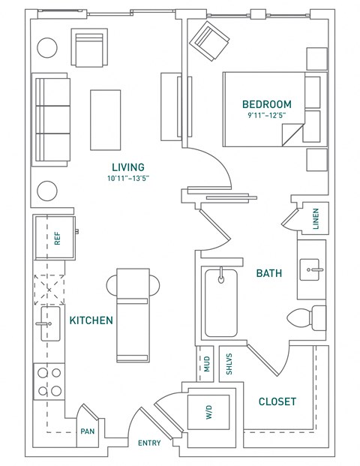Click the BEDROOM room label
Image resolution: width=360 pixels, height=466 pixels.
pos(266,104)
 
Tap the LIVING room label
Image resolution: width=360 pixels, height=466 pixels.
pos(127,167)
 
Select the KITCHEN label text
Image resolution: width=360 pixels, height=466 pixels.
pos(91,320)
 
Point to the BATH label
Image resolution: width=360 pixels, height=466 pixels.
pos(268,274)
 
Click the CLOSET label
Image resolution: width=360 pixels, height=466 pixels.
pos(277,401)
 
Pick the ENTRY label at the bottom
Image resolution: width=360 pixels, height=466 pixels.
pos(149,443)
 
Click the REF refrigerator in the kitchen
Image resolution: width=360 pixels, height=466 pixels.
pos(57,239)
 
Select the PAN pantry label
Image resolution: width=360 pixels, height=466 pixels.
pos(88,432)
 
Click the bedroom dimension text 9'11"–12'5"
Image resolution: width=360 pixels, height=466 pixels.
pos(266,116)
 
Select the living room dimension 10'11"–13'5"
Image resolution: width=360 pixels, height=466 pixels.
pos(127,179)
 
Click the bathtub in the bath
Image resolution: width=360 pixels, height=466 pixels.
pos(221,302)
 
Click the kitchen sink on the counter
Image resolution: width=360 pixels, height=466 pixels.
pos(50,323)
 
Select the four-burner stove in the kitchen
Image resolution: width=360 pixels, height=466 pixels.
pos(49,380)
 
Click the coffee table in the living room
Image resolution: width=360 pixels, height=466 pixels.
pos(102,120)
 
